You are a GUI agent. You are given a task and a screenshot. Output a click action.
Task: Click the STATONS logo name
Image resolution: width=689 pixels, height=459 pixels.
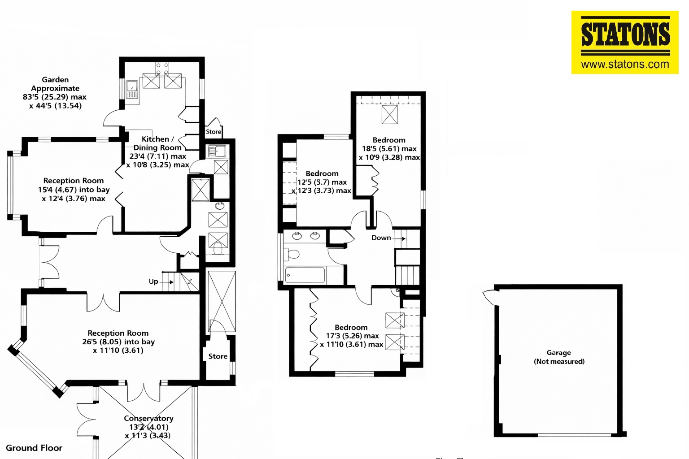(x=625, y=35)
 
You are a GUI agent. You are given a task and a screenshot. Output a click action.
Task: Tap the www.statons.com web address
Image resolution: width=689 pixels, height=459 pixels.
(x=625, y=64)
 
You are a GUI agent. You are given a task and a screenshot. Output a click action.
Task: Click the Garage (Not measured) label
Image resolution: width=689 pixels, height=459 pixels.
(x=559, y=357)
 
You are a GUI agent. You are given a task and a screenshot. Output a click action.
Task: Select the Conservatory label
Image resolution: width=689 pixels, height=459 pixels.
(x=148, y=418)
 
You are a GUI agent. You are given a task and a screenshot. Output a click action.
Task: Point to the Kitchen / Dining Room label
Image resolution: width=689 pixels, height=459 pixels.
(x=157, y=143)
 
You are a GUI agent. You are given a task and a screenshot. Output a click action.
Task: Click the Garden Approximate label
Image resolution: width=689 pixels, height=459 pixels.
(x=55, y=84)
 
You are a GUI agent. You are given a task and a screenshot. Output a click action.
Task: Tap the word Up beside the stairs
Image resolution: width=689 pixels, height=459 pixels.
(x=153, y=281)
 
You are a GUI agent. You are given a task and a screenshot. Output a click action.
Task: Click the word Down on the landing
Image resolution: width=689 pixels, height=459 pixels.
(x=381, y=238)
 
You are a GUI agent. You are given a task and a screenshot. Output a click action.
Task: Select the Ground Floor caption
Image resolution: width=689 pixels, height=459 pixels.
(x=34, y=448)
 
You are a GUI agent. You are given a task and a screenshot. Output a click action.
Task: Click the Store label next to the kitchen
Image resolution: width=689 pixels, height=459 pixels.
(x=214, y=132)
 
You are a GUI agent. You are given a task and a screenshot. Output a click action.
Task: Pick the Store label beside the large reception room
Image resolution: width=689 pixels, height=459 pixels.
(x=218, y=356)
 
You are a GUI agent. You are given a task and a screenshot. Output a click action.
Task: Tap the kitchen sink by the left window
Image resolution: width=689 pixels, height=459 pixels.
(x=132, y=89)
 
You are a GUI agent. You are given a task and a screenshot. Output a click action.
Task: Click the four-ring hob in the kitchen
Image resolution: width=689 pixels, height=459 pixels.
(x=162, y=69)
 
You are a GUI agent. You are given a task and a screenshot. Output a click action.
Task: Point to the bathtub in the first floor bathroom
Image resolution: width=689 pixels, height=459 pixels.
(x=305, y=275)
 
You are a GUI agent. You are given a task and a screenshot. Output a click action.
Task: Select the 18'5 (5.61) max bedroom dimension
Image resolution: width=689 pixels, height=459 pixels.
(x=389, y=149)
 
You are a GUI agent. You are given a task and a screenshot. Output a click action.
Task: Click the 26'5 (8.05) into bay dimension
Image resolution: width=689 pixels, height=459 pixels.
(x=118, y=342)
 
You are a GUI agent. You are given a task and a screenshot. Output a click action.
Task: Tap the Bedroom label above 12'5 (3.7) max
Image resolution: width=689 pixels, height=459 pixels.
(x=322, y=173)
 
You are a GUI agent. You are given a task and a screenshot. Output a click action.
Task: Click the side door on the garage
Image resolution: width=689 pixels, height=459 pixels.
(x=489, y=297)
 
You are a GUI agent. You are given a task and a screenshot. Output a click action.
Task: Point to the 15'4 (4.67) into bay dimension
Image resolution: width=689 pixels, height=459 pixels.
(x=74, y=190)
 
